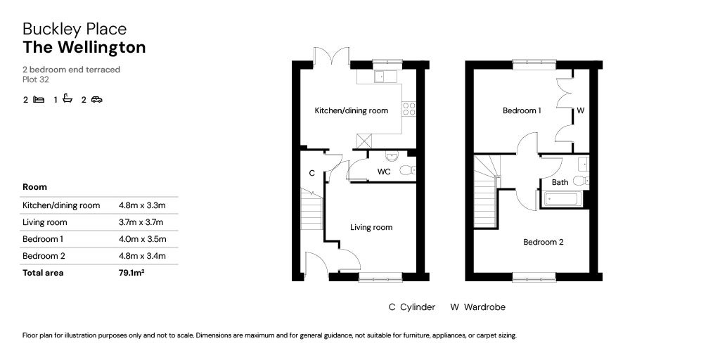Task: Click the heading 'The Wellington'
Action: pyautogui.click(x=84, y=48)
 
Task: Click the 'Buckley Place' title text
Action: pyautogui.click(x=75, y=29)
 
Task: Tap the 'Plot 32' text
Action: pyautogui.click(x=36, y=79)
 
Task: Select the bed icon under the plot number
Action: pyautogui.click(x=39, y=100)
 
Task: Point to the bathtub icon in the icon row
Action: pyautogui.click(x=67, y=99)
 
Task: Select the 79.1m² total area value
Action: pyautogui.click(x=132, y=273)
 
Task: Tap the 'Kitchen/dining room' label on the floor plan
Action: pyautogui.click(x=351, y=110)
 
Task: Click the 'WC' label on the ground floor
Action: pyautogui.click(x=383, y=172)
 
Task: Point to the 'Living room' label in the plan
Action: pyautogui.click(x=371, y=227)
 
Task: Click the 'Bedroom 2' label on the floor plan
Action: pyautogui.click(x=543, y=242)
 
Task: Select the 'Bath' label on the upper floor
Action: pyautogui.click(x=560, y=182)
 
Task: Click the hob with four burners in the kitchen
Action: pyautogui.click(x=409, y=109)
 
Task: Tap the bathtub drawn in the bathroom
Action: pyautogui.click(x=561, y=199)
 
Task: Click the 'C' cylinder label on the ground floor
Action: pyautogui.click(x=311, y=173)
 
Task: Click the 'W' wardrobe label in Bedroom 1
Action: pyautogui.click(x=581, y=110)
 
